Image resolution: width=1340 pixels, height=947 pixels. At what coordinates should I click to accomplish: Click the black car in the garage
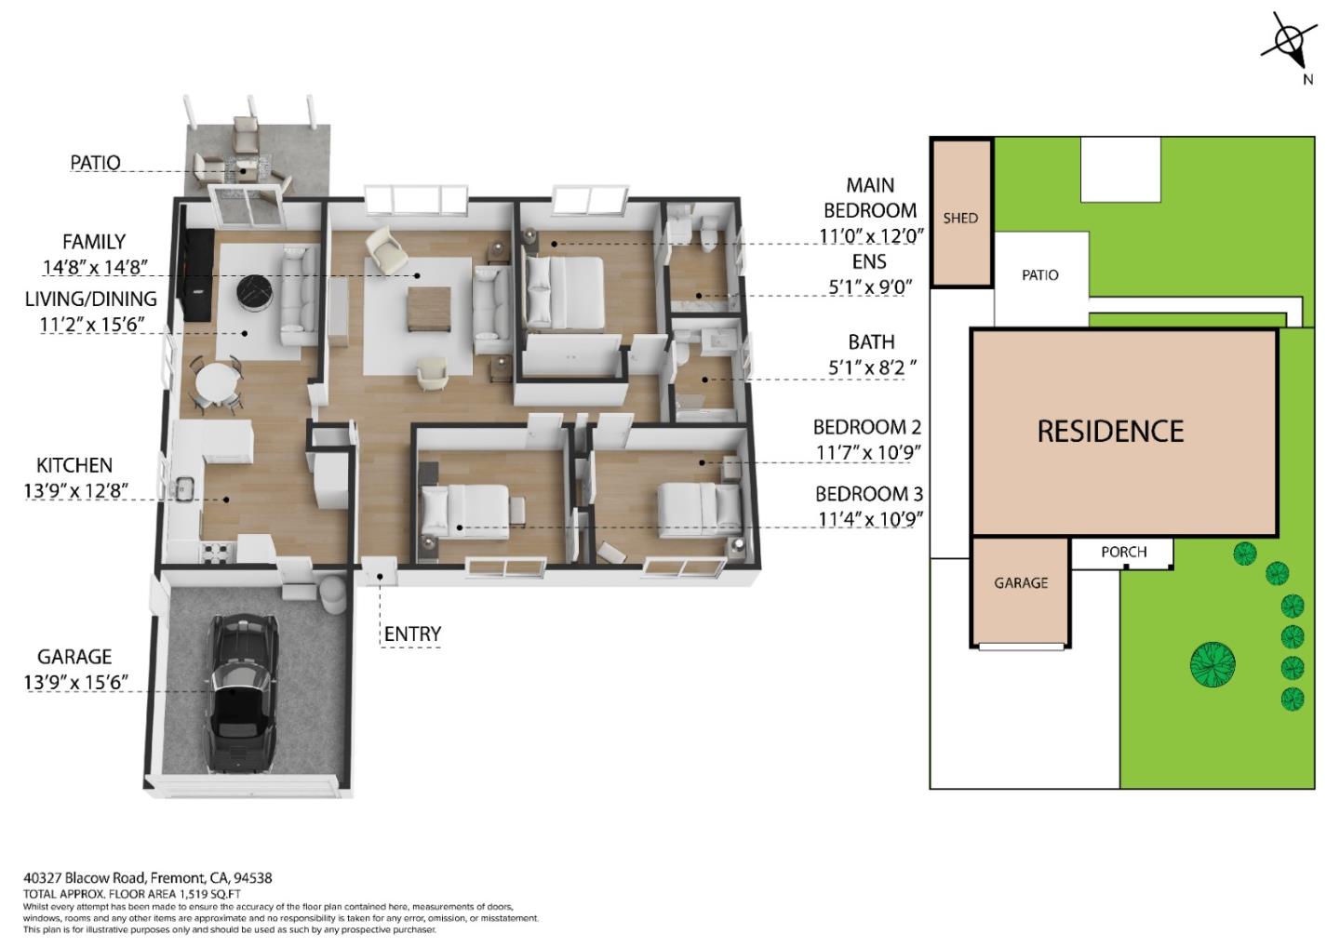tap(239, 692)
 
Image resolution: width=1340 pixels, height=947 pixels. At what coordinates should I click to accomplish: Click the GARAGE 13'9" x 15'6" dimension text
tap(74, 682)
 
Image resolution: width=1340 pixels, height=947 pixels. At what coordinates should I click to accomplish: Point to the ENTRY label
tap(412, 634)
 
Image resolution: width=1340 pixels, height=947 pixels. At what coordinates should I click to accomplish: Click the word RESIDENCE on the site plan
tap(1110, 431)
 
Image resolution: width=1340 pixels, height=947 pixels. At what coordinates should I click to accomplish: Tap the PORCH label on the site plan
tap(1123, 552)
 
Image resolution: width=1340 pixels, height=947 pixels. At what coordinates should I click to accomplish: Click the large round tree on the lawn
tap(1213, 664)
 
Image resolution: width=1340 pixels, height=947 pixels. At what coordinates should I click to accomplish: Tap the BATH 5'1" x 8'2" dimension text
tap(872, 367)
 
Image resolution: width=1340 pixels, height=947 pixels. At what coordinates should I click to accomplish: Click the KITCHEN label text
tap(74, 465)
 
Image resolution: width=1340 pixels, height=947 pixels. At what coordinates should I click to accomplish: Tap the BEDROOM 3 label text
tap(868, 494)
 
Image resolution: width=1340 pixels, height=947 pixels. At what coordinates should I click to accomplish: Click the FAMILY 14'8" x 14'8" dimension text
tap(93, 267)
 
